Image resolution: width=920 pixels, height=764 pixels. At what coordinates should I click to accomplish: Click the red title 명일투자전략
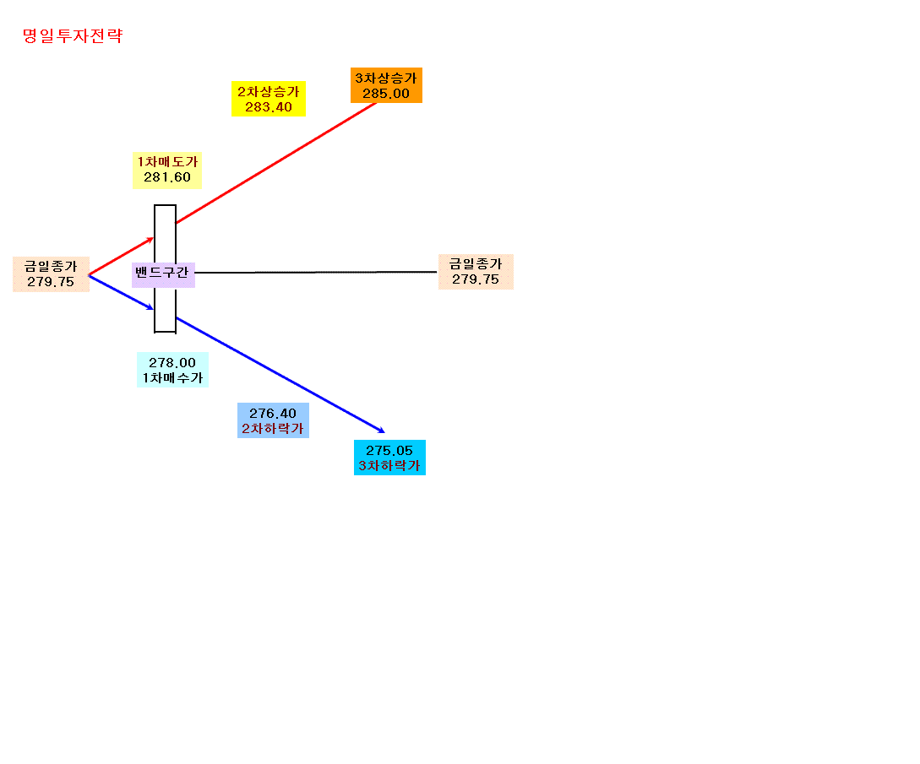pyautogui.click(x=73, y=35)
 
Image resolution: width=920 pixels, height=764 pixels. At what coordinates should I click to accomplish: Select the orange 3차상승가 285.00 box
pyautogui.click(x=386, y=85)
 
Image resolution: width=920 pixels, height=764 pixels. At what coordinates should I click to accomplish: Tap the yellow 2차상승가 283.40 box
pyautogui.click(x=268, y=99)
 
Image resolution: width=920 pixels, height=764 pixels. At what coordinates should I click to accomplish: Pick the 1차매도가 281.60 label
pyautogui.click(x=167, y=170)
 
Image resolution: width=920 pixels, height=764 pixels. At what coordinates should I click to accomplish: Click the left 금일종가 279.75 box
pyautogui.click(x=51, y=274)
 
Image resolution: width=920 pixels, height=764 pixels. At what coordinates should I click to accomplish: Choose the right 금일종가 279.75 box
pyautogui.click(x=476, y=272)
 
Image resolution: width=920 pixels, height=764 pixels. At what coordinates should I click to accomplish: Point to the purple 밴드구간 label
pyautogui.click(x=163, y=274)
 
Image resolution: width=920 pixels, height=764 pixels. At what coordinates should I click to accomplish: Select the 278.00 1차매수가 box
pyautogui.click(x=172, y=370)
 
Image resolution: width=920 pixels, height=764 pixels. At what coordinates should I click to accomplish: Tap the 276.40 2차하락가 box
pyautogui.click(x=273, y=420)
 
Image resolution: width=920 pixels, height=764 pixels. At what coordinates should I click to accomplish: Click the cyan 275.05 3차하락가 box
pyautogui.click(x=389, y=458)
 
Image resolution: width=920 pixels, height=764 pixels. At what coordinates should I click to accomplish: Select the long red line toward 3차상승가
pyautogui.click(x=276, y=162)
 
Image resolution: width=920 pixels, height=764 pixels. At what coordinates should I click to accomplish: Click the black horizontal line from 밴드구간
pyautogui.click(x=316, y=272)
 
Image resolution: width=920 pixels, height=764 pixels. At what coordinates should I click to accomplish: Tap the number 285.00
pyautogui.click(x=386, y=94)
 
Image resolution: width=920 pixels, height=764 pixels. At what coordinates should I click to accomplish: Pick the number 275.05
pyautogui.click(x=389, y=450)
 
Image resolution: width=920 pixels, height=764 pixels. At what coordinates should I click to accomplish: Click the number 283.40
pyautogui.click(x=269, y=107)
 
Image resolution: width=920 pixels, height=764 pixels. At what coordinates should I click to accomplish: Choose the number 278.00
pyautogui.click(x=172, y=363)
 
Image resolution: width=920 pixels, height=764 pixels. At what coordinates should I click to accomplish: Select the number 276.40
pyautogui.click(x=273, y=414)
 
